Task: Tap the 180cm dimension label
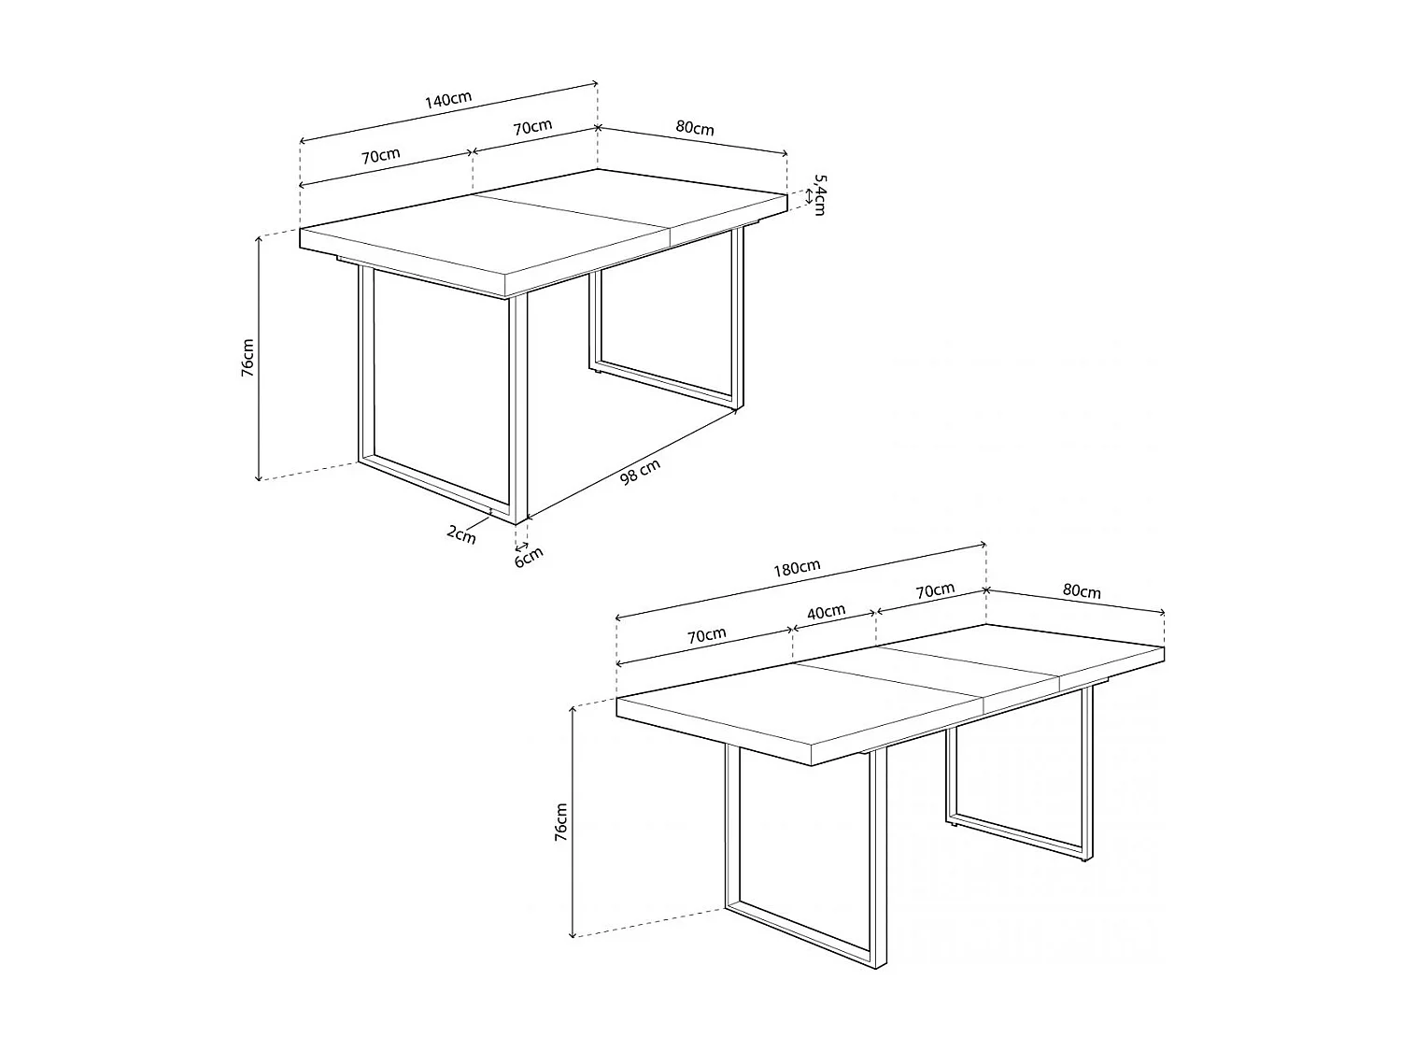(x=797, y=567)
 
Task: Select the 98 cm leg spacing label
(x=641, y=473)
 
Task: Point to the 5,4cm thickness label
(x=819, y=194)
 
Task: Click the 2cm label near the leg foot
(x=461, y=533)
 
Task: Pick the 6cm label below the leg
(x=529, y=556)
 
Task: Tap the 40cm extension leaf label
(x=826, y=613)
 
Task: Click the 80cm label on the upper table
(x=694, y=128)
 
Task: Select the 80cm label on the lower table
(x=1082, y=591)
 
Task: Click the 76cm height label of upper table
(x=248, y=357)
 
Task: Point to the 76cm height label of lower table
(x=560, y=822)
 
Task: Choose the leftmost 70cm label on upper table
(x=381, y=155)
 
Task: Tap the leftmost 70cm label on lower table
(x=707, y=635)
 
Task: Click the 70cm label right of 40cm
(x=935, y=590)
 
